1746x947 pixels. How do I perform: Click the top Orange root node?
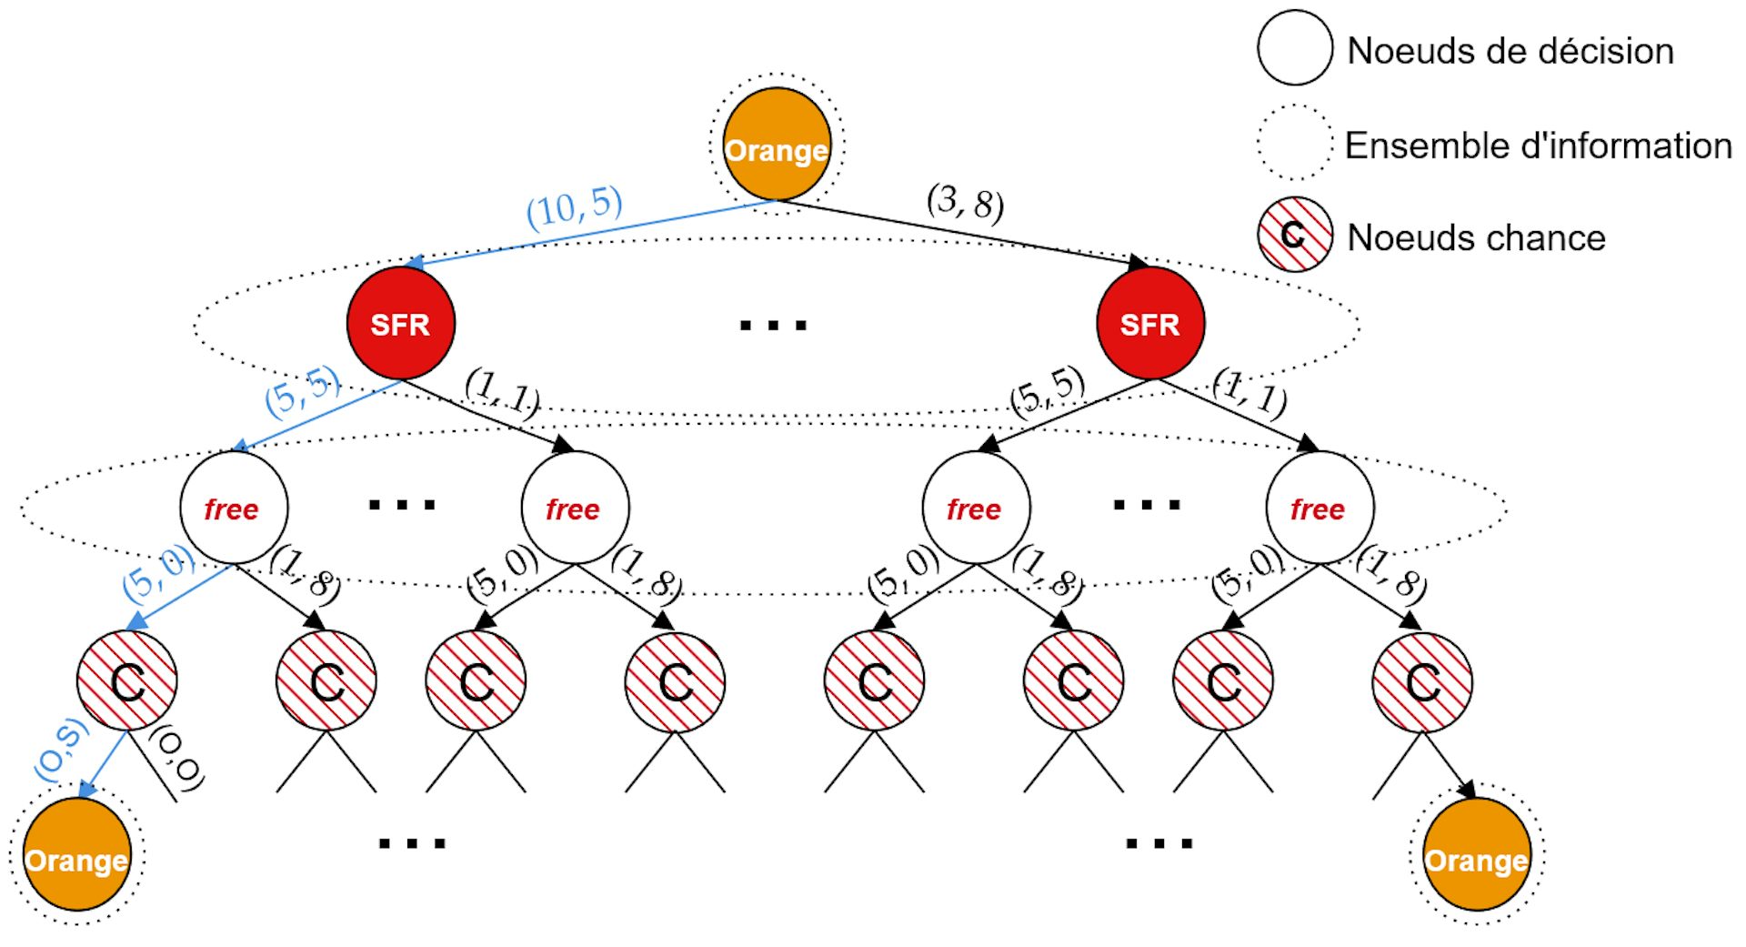(x=777, y=145)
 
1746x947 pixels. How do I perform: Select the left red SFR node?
(x=401, y=323)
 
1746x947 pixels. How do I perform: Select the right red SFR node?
(x=1150, y=323)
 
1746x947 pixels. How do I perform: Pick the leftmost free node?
(x=234, y=508)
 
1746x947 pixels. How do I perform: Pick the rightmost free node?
(x=1320, y=508)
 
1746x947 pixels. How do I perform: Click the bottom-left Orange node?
(x=76, y=855)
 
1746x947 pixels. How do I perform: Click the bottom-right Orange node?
(x=1476, y=855)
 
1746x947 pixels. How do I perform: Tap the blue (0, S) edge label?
(x=62, y=751)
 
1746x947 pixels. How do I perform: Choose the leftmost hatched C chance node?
(x=127, y=681)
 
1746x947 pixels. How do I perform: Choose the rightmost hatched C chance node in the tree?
(x=1422, y=681)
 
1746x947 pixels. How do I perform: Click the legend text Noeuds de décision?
(x=1510, y=51)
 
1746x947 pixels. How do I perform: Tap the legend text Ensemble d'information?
(x=1538, y=146)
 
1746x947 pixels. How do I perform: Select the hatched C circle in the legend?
(x=1295, y=235)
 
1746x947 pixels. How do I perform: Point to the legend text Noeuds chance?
(x=1476, y=238)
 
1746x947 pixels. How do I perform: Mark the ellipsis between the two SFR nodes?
(x=773, y=325)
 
